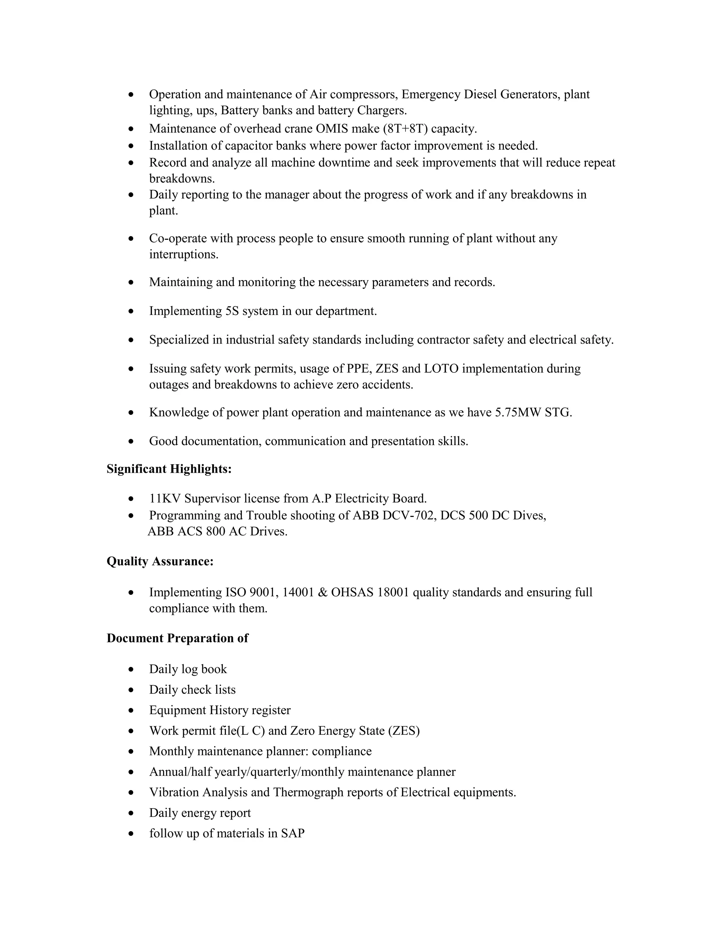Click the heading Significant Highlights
coord(169,469)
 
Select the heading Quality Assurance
coord(160,561)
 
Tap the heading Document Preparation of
coord(177,638)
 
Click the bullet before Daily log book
coord(131,670)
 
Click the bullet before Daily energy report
coord(131,813)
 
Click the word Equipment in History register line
coord(177,710)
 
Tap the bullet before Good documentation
coord(131,442)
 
